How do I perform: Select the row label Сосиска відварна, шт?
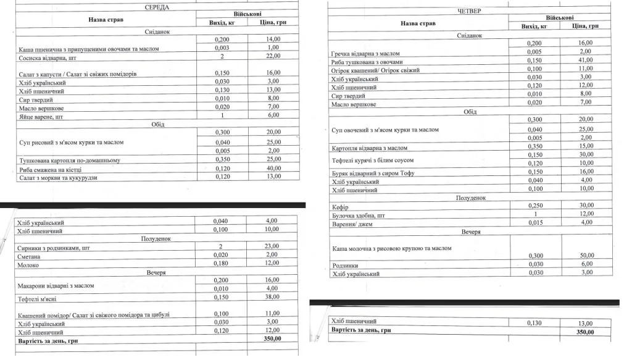[x=47, y=57]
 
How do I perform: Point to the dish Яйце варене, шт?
[x=41, y=116]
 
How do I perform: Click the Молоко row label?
[x=28, y=265]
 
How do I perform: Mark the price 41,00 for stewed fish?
[x=586, y=60]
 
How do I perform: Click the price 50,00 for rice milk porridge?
[x=586, y=255]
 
